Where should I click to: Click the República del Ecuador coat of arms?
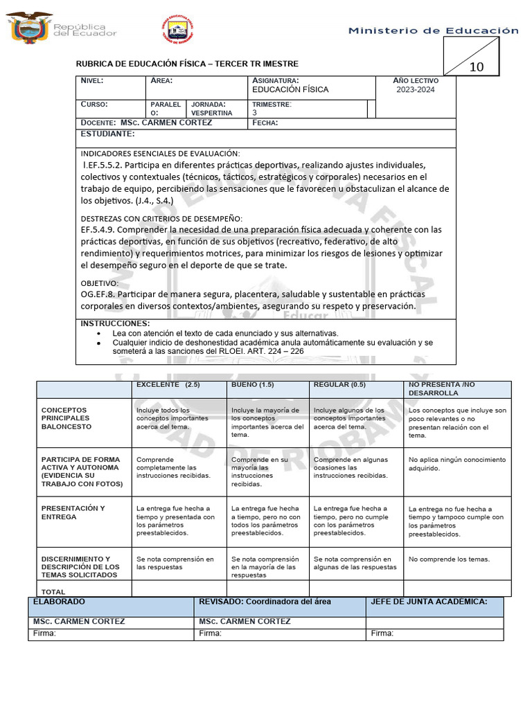[x=28, y=27]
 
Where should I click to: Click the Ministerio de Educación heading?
[x=433, y=30]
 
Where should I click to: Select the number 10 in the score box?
[x=477, y=67]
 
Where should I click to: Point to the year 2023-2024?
[x=416, y=90]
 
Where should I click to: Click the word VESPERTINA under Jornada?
[x=211, y=112]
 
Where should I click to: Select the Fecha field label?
[x=265, y=123]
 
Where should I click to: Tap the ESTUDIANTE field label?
[x=107, y=133]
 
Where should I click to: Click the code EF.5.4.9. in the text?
[x=102, y=229]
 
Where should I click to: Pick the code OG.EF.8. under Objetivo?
[x=103, y=294]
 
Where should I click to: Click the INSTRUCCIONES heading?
[x=115, y=323]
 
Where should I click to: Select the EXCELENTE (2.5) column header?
[x=168, y=385]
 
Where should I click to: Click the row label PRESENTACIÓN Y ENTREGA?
[x=73, y=512]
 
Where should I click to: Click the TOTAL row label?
[x=53, y=592]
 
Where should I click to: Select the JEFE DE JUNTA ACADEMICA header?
[x=429, y=602]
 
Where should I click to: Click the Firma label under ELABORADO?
[x=45, y=633]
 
